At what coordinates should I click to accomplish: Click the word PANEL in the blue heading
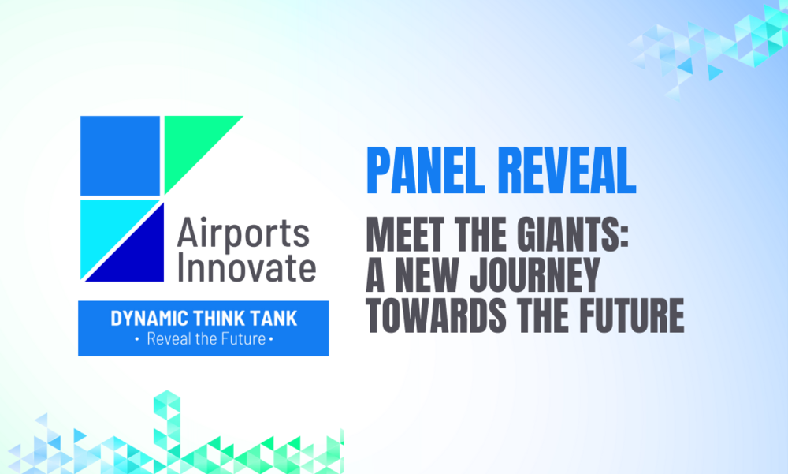point(426,170)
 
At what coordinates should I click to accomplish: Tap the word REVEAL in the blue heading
point(567,170)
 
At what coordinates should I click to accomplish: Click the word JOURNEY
point(535,275)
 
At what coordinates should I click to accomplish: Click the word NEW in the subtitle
point(426,275)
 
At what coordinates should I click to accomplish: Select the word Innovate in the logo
point(246,267)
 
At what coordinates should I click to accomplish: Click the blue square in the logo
point(120,155)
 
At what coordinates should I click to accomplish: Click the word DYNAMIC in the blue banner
point(149,319)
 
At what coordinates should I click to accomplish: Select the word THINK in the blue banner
point(217,319)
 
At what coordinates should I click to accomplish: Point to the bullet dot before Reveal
point(137,340)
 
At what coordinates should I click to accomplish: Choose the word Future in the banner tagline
point(245,339)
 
